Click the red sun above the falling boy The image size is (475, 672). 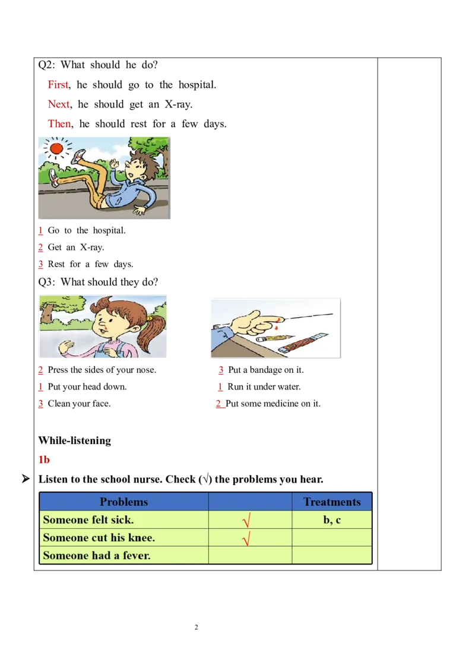click(x=57, y=148)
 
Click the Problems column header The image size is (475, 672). click(x=123, y=502)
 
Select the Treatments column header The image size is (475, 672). click(x=332, y=502)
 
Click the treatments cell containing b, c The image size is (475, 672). click(x=332, y=520)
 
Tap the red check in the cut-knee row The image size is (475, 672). click(x=246, y=539)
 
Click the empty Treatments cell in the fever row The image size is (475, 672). click(x=332, y=556)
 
